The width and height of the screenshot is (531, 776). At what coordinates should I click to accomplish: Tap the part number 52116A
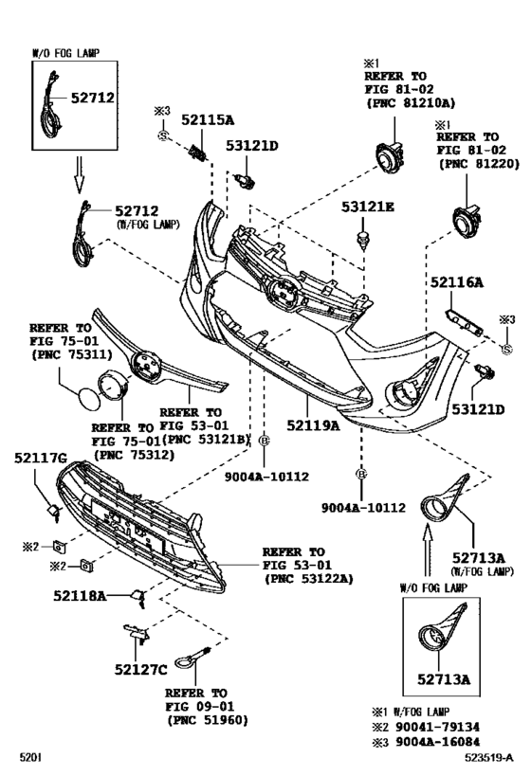coord(457,282)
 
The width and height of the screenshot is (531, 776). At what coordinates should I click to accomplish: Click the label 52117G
coord(41,460)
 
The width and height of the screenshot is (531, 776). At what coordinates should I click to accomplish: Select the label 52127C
coord(141,669)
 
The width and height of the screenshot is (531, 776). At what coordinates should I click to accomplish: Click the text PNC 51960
coord(209,720)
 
